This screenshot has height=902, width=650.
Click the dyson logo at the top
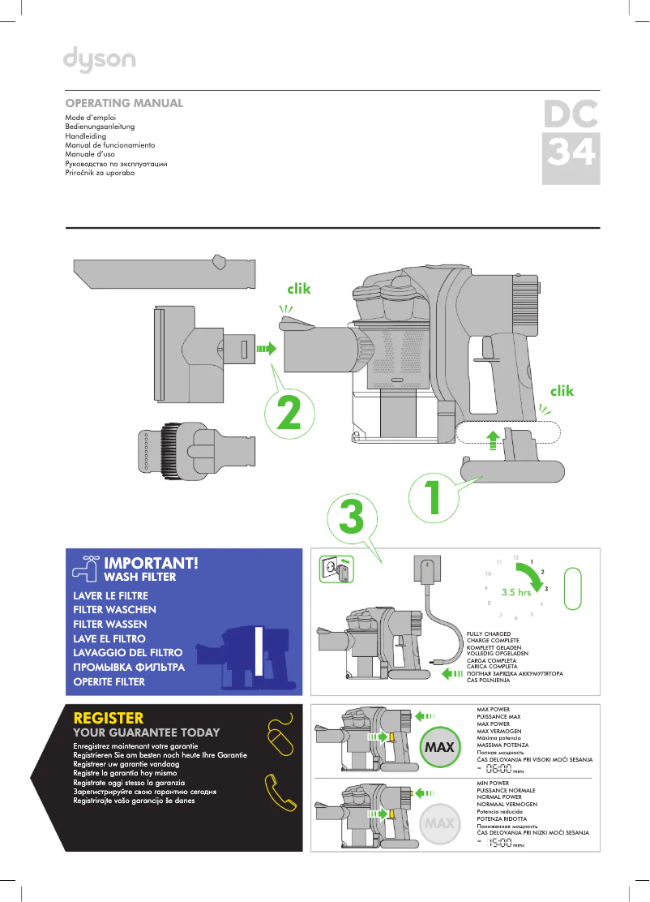tap(100, 58)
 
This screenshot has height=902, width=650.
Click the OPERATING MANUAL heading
tap(124, 104)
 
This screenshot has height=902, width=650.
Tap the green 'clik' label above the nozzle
tap(299, 288)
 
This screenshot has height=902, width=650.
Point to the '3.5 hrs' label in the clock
tap(515, 592)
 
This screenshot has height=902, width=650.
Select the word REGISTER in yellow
tap(109, 718)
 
